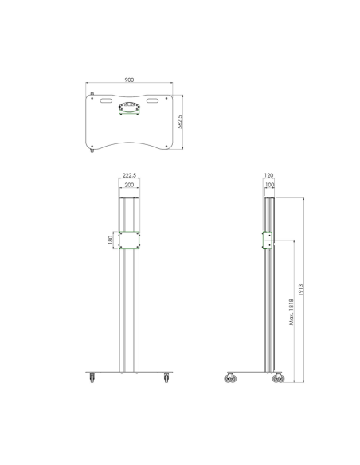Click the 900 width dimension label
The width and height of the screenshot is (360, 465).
click(x=129, y=80)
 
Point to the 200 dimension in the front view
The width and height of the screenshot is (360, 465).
click(x=130, y=185)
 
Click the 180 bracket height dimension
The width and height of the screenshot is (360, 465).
click(x=111, y=240)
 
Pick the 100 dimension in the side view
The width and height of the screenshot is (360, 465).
click(x=268, y=185)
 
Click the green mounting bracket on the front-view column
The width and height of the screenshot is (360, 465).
click(x=130, y=240)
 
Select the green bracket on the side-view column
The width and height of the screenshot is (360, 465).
click(x=268, y=240)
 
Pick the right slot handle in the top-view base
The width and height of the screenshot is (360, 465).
click(x=152, y=101)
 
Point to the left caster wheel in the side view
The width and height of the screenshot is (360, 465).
click(x=232, y=378)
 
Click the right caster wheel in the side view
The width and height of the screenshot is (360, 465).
click(x=278, y=378)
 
